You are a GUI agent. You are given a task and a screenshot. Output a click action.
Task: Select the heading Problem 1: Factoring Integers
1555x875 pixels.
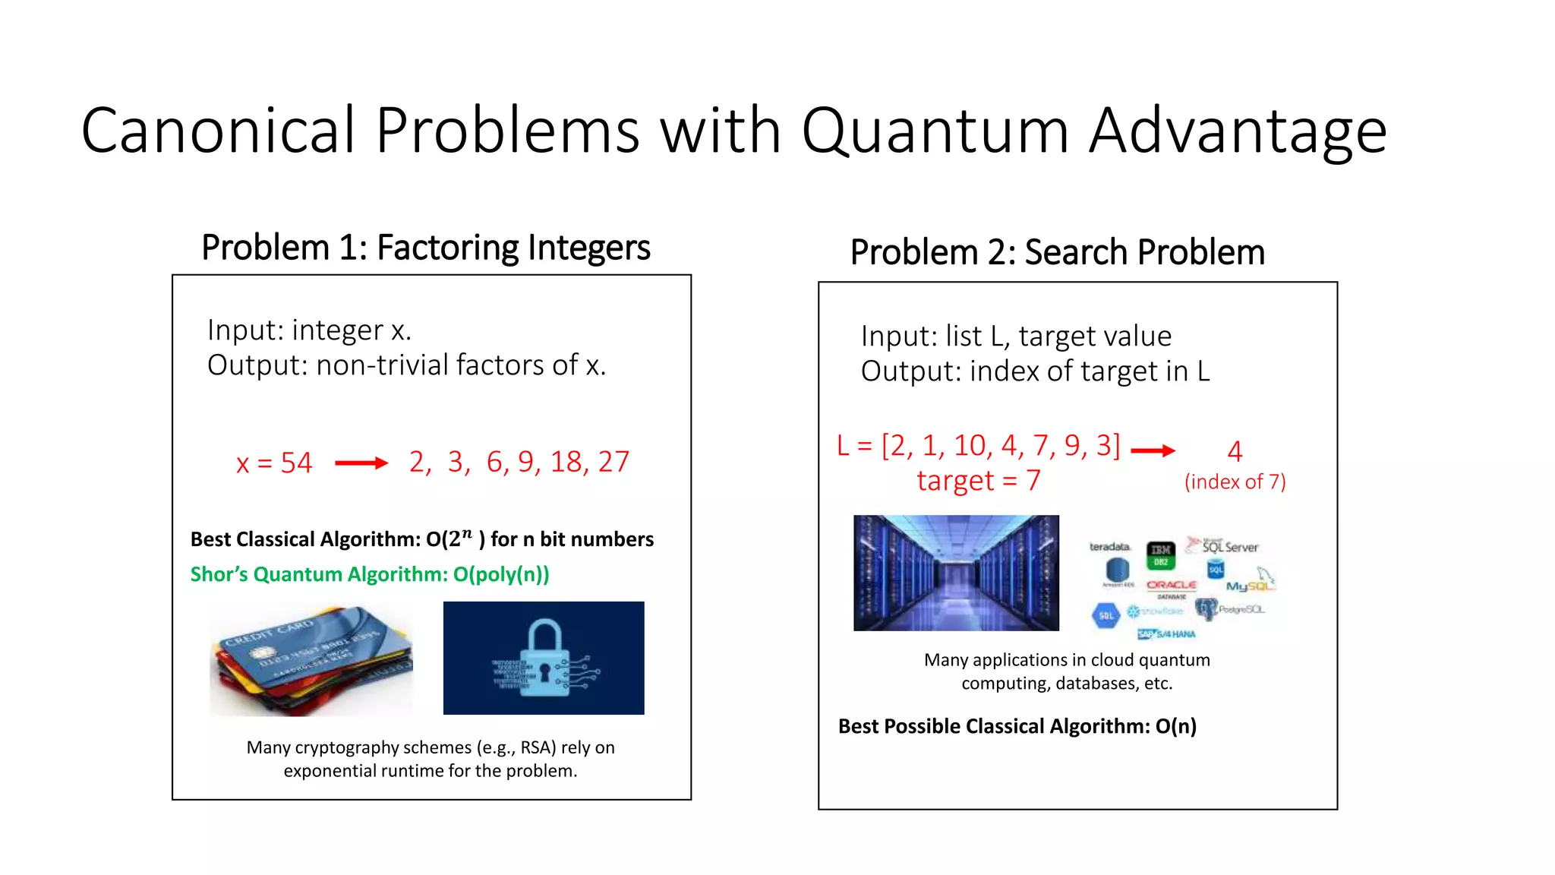(425, 248)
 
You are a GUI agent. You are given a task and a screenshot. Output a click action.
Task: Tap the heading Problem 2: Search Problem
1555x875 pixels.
(1057, 252)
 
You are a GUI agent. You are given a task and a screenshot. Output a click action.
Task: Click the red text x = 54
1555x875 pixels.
(274, 463)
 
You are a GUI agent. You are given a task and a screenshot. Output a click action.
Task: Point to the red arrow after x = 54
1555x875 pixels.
(361, 463)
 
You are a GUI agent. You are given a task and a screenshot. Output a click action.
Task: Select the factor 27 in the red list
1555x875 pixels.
(613, 462)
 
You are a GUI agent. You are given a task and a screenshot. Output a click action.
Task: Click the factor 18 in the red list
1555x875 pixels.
(566, 462)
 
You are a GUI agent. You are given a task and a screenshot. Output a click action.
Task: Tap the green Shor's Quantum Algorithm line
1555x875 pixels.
(369, 574)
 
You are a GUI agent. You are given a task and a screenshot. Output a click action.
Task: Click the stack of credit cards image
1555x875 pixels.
(312, 659)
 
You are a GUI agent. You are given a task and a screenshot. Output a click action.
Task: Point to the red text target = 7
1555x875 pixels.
(978, 481)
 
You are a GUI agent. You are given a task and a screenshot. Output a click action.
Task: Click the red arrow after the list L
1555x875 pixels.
(1153, 450)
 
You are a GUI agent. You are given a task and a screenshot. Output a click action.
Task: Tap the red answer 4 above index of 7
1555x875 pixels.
(1235, 452)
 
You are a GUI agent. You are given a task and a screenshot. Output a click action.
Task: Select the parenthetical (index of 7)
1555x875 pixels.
(1235, 482)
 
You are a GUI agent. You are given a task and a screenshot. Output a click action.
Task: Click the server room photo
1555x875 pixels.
(955, 573)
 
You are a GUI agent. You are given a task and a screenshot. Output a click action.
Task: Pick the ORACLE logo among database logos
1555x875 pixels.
(1172, 586)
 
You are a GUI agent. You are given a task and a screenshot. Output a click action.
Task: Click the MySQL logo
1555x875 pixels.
(1249, 585)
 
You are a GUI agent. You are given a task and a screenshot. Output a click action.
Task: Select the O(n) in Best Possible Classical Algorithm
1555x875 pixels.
(1175, 726)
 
